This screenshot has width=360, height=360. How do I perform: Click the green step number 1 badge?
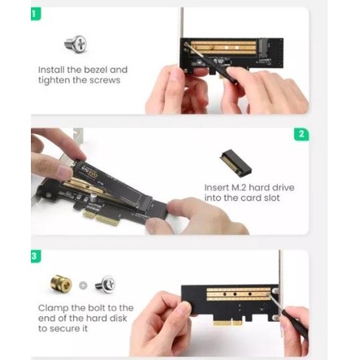point(36,14)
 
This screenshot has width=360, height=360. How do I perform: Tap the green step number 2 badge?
point(301,134)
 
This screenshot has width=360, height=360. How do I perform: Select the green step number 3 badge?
point(36,256)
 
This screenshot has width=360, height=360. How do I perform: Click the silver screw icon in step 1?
point(76,44)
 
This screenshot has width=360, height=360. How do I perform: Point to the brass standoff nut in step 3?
point(61,284)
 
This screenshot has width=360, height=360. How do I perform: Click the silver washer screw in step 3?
point(106,284)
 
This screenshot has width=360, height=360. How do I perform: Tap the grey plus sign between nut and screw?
point(83,285)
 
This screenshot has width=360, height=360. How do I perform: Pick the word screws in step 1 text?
point(105,80)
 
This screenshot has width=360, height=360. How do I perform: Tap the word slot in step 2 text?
point(271,198)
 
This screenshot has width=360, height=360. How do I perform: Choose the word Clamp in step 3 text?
point(53,308)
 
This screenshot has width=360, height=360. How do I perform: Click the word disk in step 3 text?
point(118,318)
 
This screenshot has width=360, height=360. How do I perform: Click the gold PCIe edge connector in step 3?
point(228,323)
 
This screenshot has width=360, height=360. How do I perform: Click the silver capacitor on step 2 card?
point(93,197)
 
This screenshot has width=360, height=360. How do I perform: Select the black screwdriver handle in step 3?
point(295,325)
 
